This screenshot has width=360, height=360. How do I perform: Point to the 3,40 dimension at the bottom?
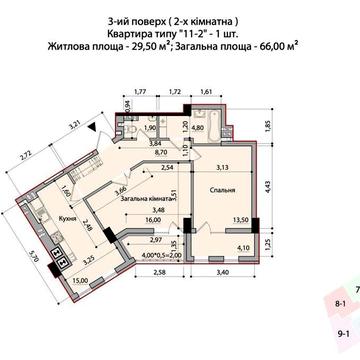click(x=222, y=271)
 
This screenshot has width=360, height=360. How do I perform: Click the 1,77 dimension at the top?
click(x=140, y=91)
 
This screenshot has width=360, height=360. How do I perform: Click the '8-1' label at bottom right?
click(x=341, y=303)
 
